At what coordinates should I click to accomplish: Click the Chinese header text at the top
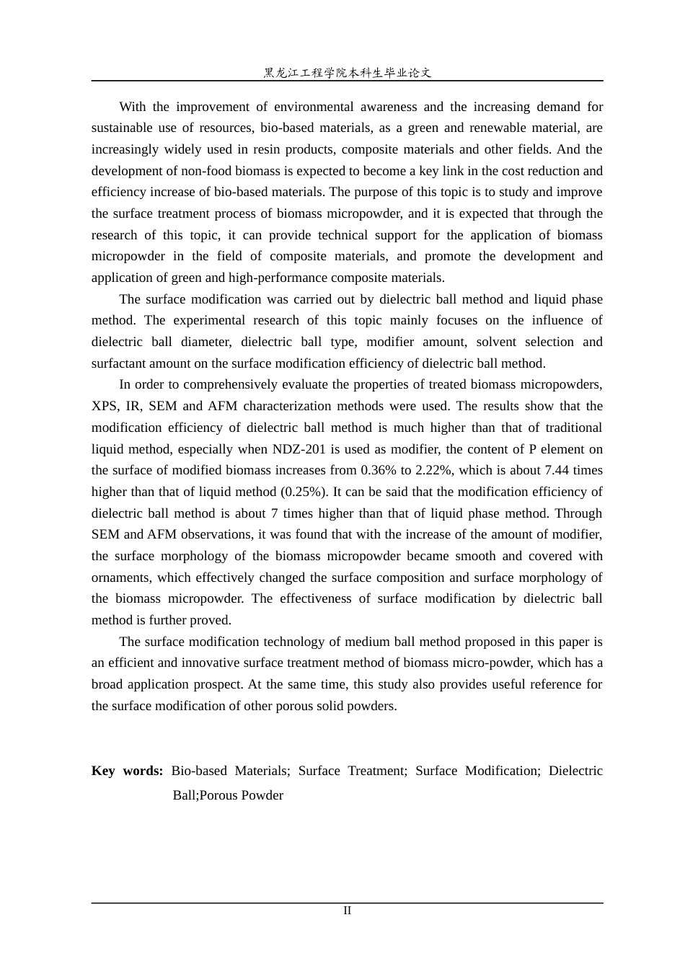(347, 72)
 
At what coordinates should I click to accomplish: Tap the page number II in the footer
(347, 911)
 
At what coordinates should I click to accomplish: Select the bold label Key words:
(127, 771)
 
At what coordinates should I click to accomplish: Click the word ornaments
(122, 578)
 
